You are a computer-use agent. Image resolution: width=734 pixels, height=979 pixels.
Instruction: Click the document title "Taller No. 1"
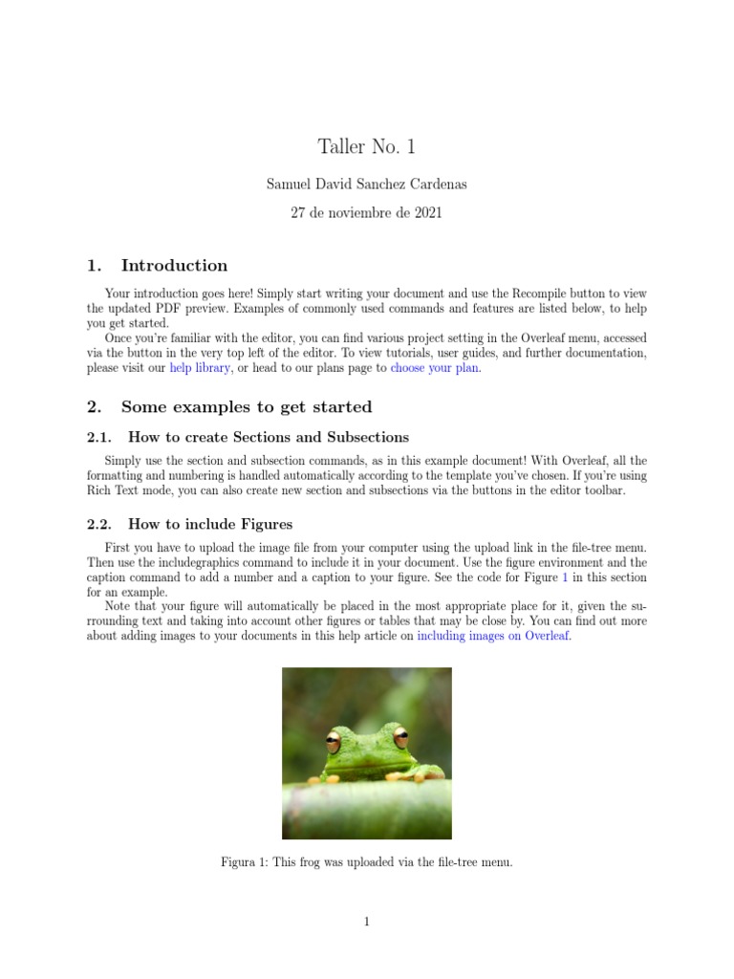[367, 147]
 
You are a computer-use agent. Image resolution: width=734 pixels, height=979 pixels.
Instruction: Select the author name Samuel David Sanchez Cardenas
[367, 184]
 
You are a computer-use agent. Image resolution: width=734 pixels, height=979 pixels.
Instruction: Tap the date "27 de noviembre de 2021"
[367, 213]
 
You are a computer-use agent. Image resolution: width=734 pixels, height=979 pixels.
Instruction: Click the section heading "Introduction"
[174, 266]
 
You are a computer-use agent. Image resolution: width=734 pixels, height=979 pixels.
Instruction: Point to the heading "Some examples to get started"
[247, 407]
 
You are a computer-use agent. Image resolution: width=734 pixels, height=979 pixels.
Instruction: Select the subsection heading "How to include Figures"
[210, 524]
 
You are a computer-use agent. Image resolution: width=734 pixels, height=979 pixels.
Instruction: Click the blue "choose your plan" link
[435, 368]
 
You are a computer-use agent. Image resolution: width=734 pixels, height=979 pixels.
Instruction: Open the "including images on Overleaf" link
[493, 636]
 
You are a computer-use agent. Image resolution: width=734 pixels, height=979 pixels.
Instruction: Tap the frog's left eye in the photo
[334, 740]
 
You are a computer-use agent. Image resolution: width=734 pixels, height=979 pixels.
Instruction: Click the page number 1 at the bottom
[367, 922]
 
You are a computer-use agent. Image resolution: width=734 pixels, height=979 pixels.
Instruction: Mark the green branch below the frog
[367, 803]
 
